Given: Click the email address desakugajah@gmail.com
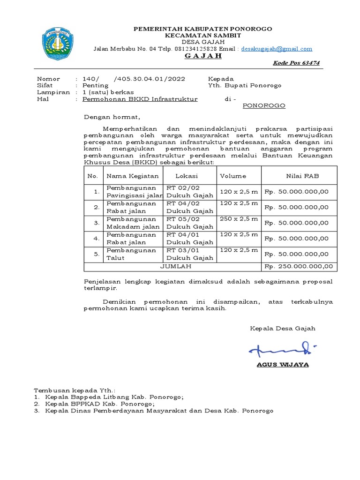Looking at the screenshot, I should (277, 49).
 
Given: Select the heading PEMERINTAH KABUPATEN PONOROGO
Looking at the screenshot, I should (203, 29).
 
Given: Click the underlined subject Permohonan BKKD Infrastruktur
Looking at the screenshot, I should (140, 99).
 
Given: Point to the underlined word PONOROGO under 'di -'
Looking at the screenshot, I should (264, 106).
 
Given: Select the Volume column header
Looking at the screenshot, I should (233, 176).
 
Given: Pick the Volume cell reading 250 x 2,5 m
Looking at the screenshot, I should (239, 219).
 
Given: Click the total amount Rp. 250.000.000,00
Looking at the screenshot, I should (299, 266).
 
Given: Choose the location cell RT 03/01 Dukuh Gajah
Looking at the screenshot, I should (190, 254).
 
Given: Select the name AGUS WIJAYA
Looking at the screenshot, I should (282, 365).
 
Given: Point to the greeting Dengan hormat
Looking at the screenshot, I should (112, 117).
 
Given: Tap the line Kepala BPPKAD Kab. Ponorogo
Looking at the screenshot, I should (100, 404).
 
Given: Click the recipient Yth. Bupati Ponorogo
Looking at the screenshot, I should (245, 86).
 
